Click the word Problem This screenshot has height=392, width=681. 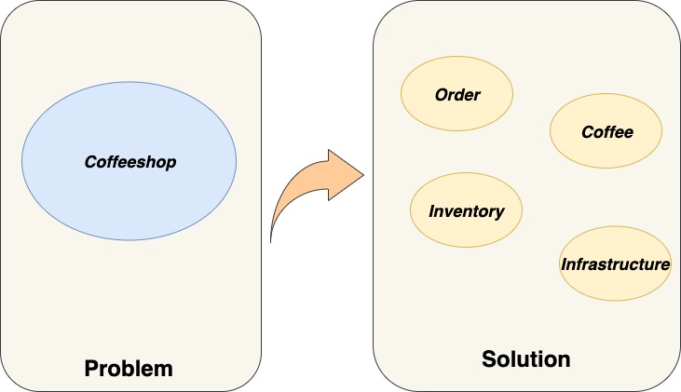click(129, 367)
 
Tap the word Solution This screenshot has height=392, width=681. click(525, 358)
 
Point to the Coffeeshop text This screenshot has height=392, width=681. click(130, 162)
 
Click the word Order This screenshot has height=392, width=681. click(456, 95)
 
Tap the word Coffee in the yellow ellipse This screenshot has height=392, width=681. click(606, 132)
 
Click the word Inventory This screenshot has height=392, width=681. click(466, 211)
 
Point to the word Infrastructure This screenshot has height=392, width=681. click(615, 264)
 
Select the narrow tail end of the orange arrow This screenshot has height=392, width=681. click(272, 237)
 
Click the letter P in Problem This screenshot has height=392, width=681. click(91, 367)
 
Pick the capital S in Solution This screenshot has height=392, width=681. click(488, 358)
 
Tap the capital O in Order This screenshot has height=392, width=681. click(440, 95)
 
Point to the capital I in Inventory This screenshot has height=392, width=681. click(431, 211)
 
